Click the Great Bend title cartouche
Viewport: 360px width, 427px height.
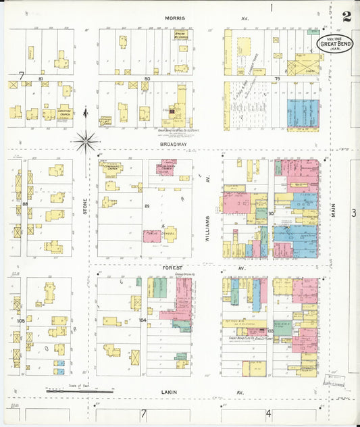(336, 44)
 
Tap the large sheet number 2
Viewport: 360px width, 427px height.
(346, 17)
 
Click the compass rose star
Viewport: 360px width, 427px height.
(86, 141)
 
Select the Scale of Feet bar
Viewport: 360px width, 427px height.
(79, 390)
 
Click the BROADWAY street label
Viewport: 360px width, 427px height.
(174, 144)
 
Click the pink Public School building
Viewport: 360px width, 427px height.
(153, 236)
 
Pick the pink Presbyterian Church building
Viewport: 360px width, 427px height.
(165, 166)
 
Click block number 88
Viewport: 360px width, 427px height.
(25, 203)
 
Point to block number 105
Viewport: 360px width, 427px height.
(21, 320)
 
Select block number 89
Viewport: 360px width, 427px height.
(146, 205)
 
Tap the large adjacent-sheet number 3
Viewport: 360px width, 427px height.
(353, 214)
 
